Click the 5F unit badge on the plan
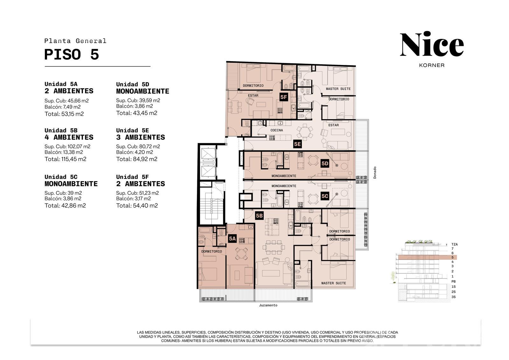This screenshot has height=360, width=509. click(x=283, y=97)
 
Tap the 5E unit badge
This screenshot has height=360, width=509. click(x=297, y=144)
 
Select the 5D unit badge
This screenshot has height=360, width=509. click(x=325, y=164)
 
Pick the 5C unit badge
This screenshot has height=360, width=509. click(x=325, y=196)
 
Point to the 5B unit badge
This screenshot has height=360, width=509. click(x=259, y=215)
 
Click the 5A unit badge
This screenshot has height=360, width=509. click(x=232, y=238)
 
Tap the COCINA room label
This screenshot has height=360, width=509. click(x=276, y=130)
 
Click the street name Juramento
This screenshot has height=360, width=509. click(x=268, y=305)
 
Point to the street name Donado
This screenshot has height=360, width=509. click(x=375, y=173)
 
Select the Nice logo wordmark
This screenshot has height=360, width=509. click(x=432, y=44)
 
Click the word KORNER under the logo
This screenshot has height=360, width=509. click(x=432, y=65)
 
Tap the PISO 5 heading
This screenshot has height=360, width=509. click(x=72, y=54)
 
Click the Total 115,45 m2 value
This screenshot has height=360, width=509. click(x=66, y=159)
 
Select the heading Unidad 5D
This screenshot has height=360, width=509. click(x=132, y=84)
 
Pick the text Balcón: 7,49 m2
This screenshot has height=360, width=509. click(x=62, y=107)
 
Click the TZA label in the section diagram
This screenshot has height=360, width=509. click(x=455, y=244)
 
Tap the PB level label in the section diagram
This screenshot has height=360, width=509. click(x=454, y=282)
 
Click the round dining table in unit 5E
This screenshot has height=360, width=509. click(x=305, y=132)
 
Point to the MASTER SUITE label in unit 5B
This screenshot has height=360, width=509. click(x=334, y=283)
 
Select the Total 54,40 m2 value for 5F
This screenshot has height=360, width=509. click(x=137, y=206)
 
